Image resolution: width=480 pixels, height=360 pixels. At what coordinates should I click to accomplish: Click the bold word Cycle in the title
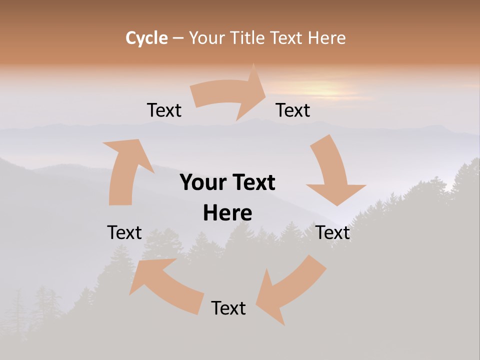click(x=146, y=38)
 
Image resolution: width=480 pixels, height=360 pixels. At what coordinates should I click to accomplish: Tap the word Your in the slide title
click(x=205, y=38)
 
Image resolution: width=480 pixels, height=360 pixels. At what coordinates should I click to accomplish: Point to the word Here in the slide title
click(x=327, y=38)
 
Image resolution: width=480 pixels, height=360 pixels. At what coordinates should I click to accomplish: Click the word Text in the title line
click(x=286, y=38)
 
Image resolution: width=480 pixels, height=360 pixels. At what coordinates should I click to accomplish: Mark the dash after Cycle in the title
click(x=178, y=38)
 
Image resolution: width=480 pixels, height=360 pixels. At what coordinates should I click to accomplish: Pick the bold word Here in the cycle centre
click(x=227, y=213)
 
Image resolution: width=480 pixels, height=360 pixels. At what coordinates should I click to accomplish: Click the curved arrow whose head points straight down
click(x=332, y=172)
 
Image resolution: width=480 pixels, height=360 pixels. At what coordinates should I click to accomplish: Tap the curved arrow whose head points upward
click(x=125, y=170)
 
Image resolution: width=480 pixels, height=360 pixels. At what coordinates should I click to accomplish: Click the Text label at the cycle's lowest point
click(x=228, y=308)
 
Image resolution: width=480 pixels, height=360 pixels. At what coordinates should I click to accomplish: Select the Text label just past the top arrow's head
click(x=293, y=110)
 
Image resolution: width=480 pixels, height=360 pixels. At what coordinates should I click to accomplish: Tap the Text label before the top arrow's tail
click(x=164, y=110)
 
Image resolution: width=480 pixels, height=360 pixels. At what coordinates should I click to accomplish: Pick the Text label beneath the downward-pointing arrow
click(x=333, y=232)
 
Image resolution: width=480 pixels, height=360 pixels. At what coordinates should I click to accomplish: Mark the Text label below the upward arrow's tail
click(x=124, y=232)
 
